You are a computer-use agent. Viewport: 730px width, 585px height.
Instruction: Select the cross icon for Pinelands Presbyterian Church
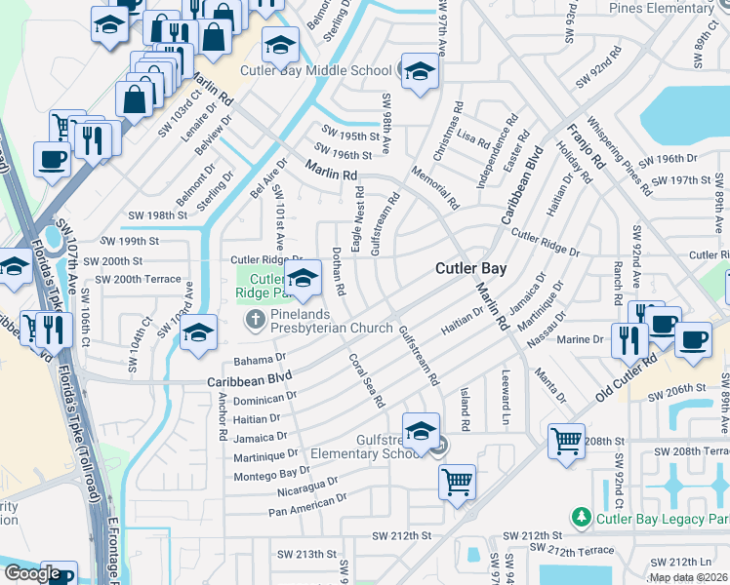255,319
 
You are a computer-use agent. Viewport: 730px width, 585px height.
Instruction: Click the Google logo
32,573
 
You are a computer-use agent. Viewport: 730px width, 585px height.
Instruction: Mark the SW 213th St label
302,554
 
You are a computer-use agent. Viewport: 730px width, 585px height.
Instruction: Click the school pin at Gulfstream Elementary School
421,430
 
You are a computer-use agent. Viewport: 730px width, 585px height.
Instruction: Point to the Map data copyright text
688,578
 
